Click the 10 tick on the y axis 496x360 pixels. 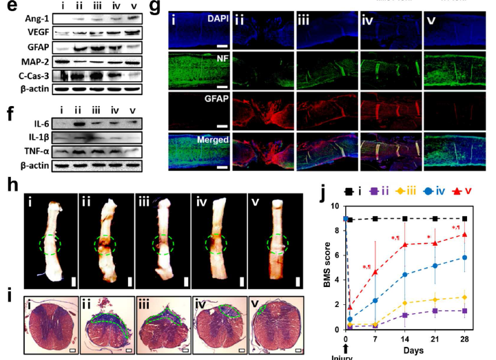coord(335,206)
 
